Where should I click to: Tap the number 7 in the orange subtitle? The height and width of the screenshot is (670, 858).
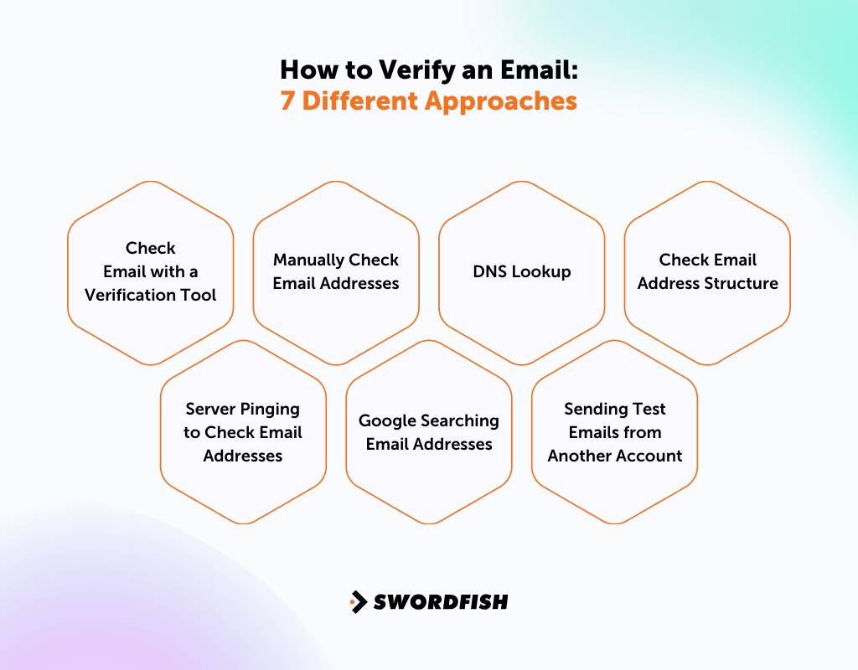click(287, 100)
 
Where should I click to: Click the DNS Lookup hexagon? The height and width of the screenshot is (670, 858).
click(521, 272)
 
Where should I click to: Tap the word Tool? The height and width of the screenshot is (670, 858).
click(201, 295)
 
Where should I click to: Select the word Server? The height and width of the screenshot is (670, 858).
click(210, 409)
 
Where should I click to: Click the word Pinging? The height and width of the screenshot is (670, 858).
click(270, 409)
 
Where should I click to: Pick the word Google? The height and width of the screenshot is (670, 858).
click(387, 420)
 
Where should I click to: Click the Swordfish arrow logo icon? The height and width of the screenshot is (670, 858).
click(359, 601)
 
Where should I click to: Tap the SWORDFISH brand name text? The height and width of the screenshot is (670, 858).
click(441, 601)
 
